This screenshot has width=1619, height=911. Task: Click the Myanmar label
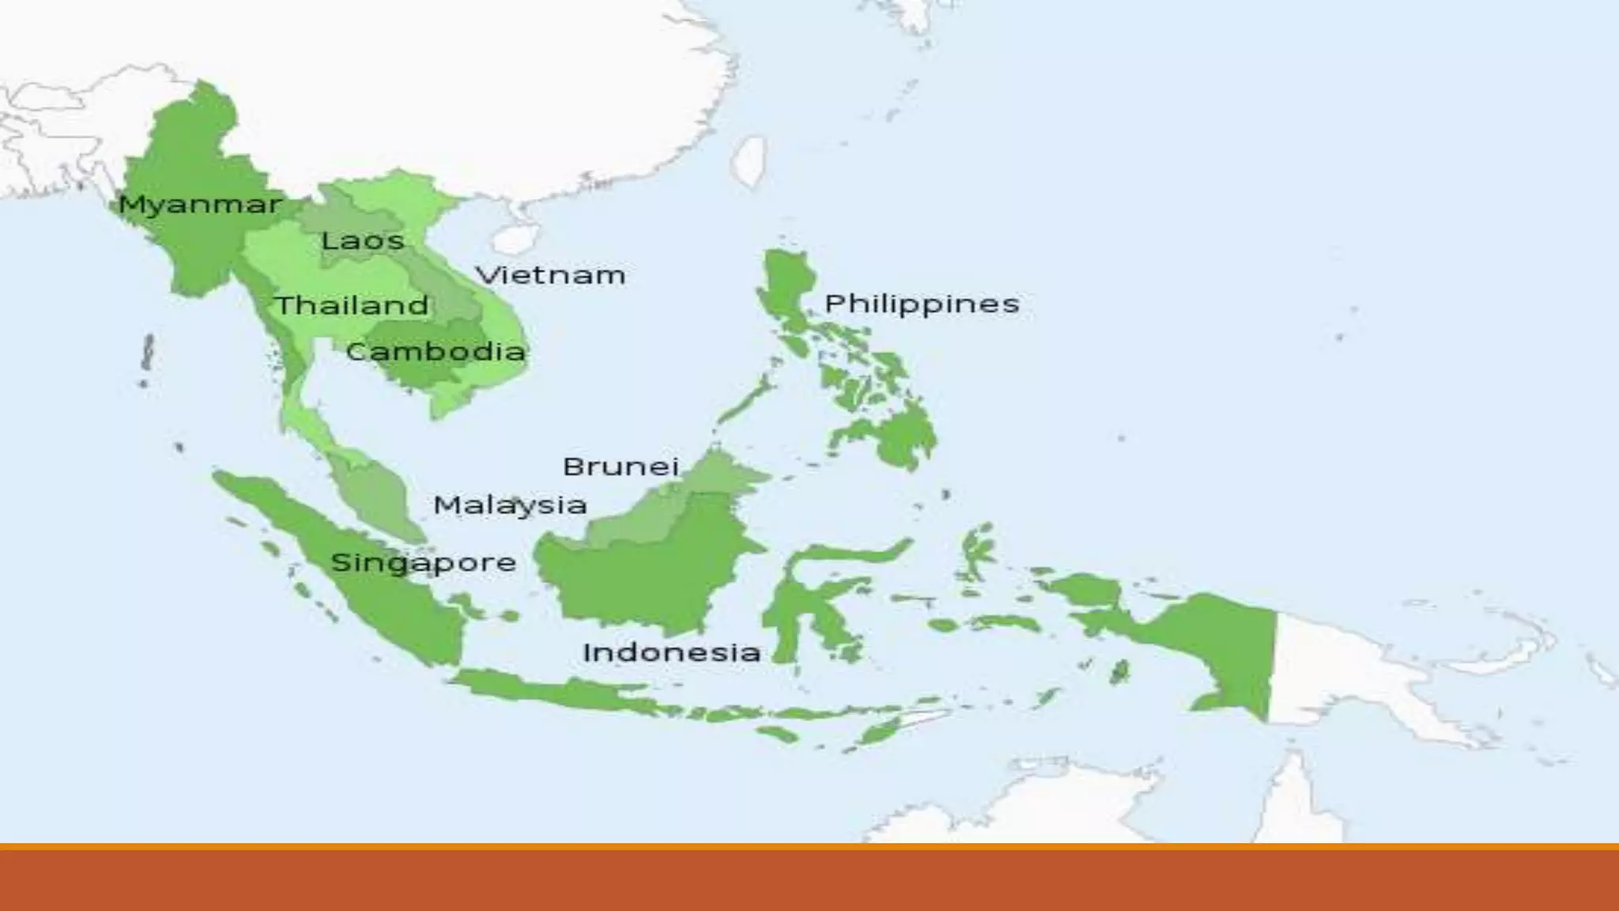point(199,205)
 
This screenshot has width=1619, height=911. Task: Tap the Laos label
point(363,240)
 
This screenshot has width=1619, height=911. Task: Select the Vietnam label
point(550,275)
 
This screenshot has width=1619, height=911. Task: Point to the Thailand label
point(352,305)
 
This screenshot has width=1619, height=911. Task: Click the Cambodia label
point(436,351)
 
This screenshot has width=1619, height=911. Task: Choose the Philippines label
point(922,304)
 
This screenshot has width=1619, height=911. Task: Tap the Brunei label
point(621,467)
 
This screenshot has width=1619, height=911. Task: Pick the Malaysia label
point(510,505)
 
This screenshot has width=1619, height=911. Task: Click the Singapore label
point(423,563)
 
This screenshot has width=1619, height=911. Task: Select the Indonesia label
point(671,652)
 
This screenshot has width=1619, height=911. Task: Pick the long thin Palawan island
point(743,403)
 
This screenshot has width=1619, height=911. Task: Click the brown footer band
point(809,879)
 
